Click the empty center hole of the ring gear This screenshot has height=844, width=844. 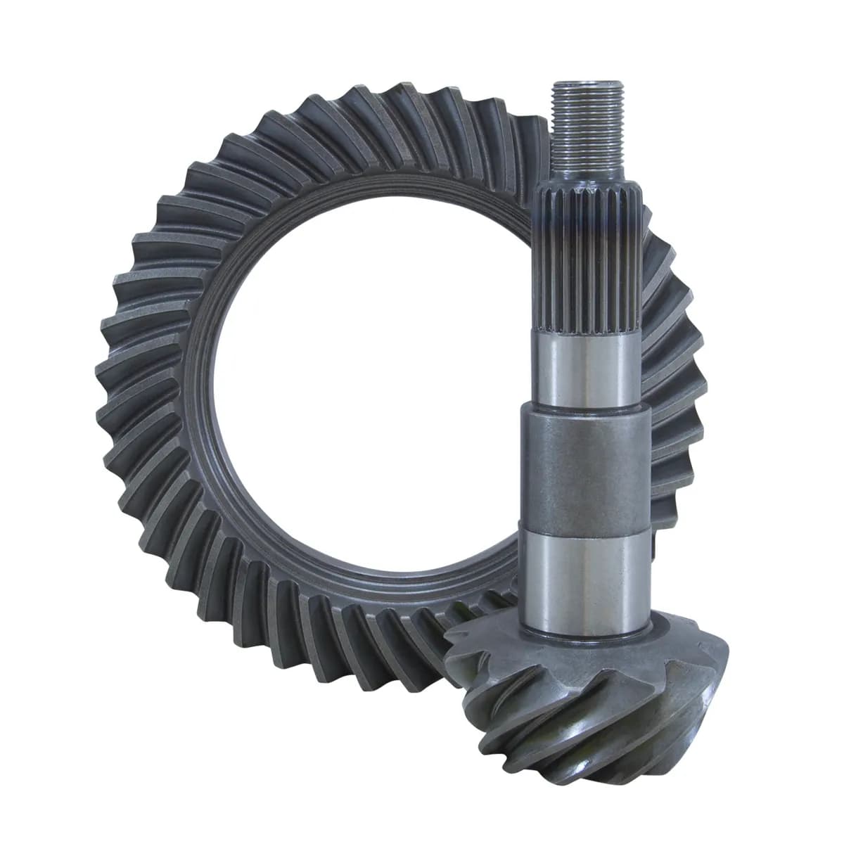pyautogui.click(x=366, y=387)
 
